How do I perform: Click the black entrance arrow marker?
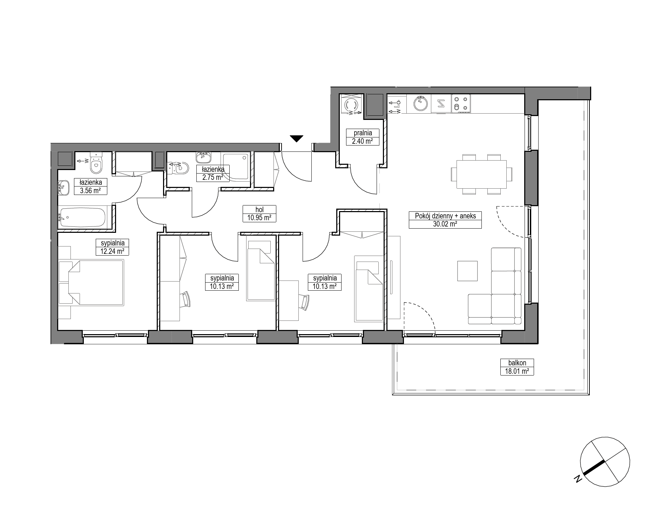coord(297,139)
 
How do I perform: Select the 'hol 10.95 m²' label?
coord(259,214)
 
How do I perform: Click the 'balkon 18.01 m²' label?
coord(517,367)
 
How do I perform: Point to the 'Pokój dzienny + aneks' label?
coord(445,216)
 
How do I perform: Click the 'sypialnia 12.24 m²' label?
coord(110,247)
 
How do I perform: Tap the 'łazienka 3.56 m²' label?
coord(90,186)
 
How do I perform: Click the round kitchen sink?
coord(419,104)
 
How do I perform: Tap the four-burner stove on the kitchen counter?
coord(461,104)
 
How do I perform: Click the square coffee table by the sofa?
coord(467,271)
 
